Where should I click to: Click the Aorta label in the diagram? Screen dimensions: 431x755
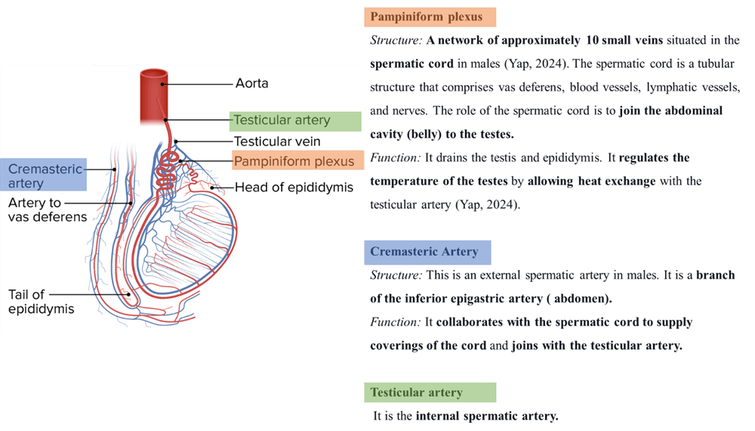[251, 82]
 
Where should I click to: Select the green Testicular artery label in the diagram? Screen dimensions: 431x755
[282, 120]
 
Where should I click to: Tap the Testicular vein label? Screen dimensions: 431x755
[276, 141]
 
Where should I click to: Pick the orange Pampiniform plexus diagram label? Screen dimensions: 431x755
[293, 161]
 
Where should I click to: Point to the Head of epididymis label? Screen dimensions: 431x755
[294, 188]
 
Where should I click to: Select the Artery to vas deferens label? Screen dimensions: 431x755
[47, 210]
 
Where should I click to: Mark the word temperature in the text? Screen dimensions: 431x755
[408, 181]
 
